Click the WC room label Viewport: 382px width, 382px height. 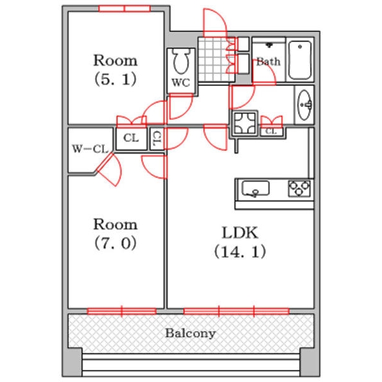[x=180, y=82]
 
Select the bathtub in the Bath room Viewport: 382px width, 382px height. [x=299, y=60]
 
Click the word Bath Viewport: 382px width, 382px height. [x=268, y=62]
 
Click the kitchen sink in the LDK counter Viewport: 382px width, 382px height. [x=255, y=188]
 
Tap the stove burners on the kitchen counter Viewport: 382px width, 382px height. [x=301, y=188]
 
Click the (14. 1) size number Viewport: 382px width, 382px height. [x=240, y=251]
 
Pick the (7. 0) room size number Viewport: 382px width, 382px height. [x=115, y=243]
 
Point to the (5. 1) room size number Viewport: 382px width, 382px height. [x=115, y=80]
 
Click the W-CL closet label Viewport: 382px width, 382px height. [x=88, y=150]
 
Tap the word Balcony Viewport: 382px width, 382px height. [x=190, y=333]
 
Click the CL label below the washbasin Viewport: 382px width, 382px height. [x=271, y=131]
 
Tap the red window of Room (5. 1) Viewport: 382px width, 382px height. [x=124, y=8]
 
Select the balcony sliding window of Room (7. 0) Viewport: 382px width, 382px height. [x=121, y=311]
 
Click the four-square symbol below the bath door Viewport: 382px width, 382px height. [x=243, y=123]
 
